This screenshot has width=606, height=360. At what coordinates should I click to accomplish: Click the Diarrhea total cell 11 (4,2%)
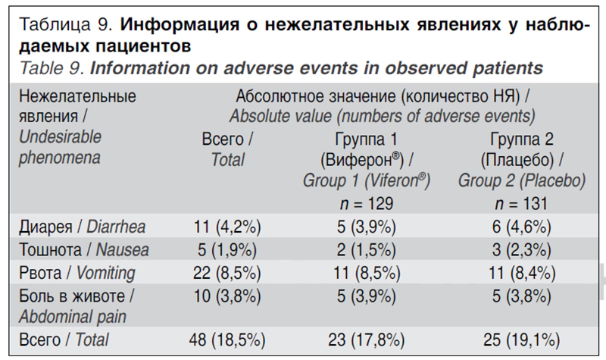pos(227,227)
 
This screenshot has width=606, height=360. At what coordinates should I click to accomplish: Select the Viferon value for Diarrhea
pos(367,227)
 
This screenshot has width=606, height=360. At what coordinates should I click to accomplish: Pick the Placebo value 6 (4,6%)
pos(521,227)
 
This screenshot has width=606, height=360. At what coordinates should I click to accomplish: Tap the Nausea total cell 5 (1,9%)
pos(227,250)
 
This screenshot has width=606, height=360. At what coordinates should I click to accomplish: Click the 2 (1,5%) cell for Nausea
pos(367,250)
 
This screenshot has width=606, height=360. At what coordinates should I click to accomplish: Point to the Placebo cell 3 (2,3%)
pos(521,250)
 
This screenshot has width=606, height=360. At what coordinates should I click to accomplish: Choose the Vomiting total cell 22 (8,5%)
pos(227,273)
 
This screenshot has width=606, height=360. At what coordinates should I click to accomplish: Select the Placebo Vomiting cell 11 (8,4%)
pos(522,273)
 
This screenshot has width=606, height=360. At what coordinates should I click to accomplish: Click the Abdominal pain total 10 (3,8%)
pos(227,296)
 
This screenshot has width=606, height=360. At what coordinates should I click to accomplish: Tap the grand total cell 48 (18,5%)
pos(227,340)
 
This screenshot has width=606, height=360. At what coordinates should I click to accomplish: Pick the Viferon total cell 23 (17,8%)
pos(367,340)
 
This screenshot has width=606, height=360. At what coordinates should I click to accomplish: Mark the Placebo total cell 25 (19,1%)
pos(521,340)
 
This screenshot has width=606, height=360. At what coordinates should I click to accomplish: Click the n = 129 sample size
pos(367,203)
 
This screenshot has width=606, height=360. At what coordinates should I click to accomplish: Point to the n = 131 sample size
pos(521,203)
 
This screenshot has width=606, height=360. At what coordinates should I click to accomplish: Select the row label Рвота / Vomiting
pos(77,273)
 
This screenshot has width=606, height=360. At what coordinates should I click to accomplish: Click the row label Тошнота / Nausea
pos(84,250)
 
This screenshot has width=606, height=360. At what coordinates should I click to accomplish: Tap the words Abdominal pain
pos(73,317)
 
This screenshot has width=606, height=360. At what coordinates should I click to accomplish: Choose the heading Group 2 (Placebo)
pos(522,180)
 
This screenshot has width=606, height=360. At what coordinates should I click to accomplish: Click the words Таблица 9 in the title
pos(65,24)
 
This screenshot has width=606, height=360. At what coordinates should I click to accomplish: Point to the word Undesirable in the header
pos(61,137)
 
